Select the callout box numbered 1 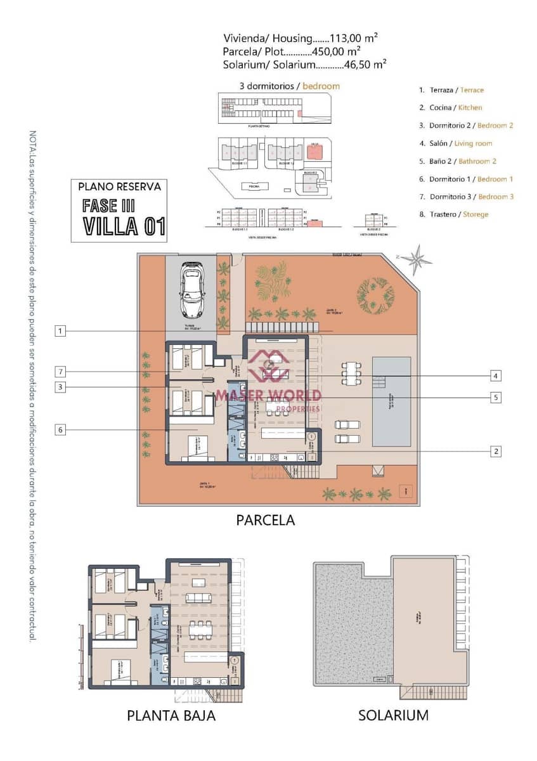point(60,331)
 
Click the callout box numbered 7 point(60,371)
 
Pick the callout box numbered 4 point(496,375)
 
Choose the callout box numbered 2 point(496,452)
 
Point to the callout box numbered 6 point(60,429)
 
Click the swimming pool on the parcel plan point(391,401)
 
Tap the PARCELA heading point(266,520)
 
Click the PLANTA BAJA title point(171,715)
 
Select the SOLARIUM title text point(393,715)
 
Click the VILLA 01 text point(124,226)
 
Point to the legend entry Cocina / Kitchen point(451,108)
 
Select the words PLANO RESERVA point(119,186)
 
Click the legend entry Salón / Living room point(455,143)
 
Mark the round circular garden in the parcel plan point(375,292)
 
